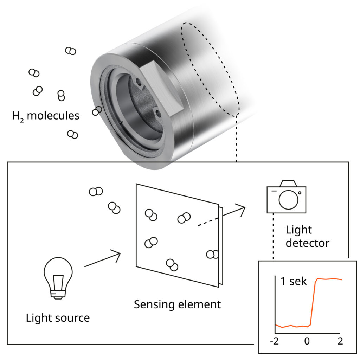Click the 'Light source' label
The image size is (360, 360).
[x=58, y=318]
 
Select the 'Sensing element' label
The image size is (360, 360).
[x=177, y=304]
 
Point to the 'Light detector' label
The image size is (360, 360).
[x=307, y=236]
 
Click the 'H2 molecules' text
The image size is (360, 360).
[x=46, y=115]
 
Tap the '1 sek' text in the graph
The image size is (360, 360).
[x=294, y=282]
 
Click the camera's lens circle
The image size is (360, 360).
[x=288, y=199]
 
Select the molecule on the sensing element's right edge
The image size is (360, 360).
[x=212, y=254]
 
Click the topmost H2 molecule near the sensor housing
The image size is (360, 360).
[x=71, y=51]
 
